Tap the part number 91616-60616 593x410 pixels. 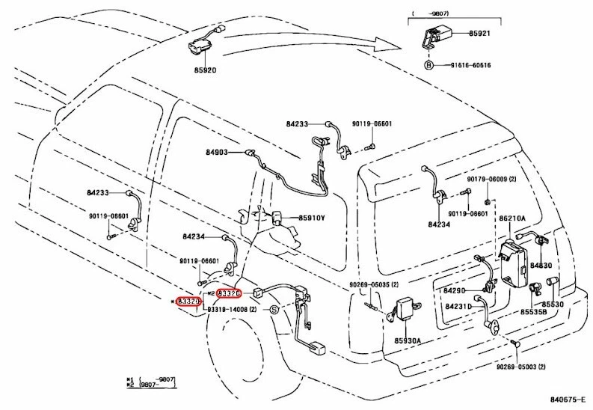tap(470, 66)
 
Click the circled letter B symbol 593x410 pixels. tap(428, 66)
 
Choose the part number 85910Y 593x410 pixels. tap(311, 219)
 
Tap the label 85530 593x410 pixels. tap(553, 304)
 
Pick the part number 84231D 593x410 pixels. tap(459, 306)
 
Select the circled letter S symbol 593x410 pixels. tap(274, 309)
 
